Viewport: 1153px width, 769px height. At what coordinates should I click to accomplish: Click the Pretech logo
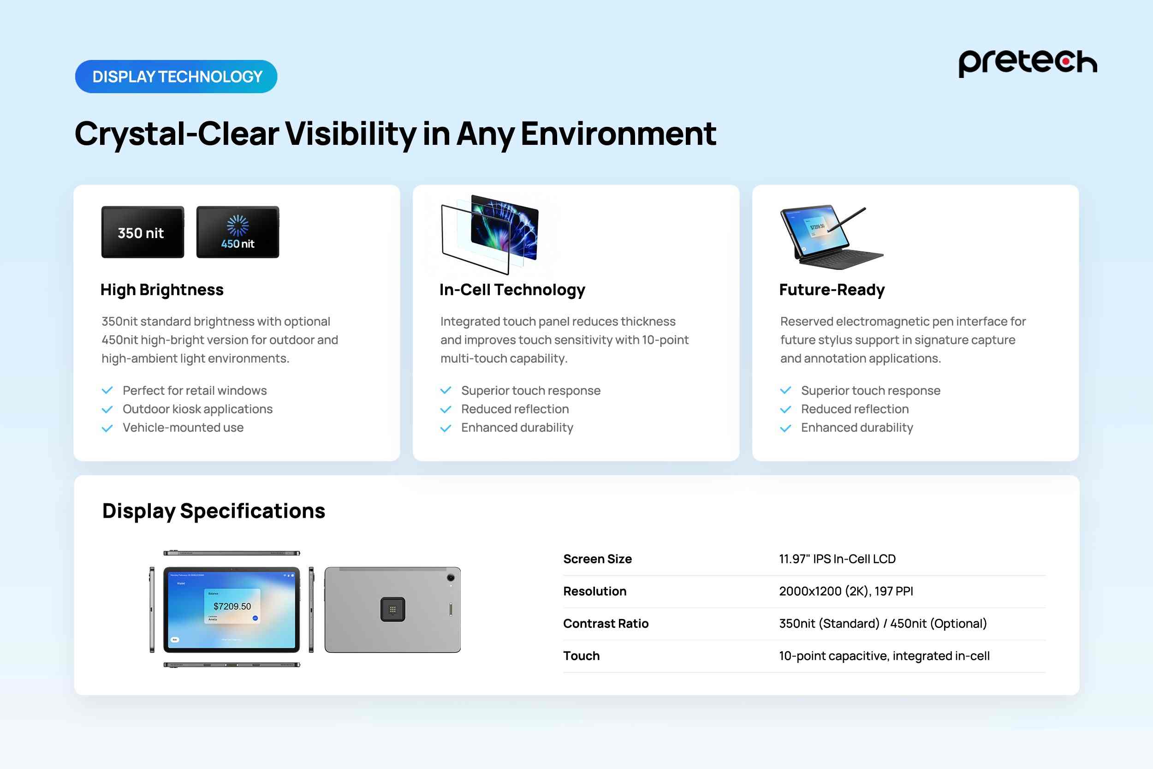pyautogui.click(x=1028, y=63)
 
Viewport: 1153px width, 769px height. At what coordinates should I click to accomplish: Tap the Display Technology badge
pyautogui.click(x=176, y=77)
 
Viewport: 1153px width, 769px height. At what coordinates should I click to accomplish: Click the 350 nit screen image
pyautogui.click(x=143, y=232)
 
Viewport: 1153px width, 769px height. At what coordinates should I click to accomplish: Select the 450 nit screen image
pyautogui.click(x=238, y=232)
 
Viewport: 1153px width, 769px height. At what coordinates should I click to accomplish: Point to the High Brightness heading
pyautogui.click(x=162, y=290)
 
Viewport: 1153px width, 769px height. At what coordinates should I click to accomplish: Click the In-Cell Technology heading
pyautogui.click(x=512, y=290)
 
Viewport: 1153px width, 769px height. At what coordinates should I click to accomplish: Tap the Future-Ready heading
pyautogui.click(x=832, y=290)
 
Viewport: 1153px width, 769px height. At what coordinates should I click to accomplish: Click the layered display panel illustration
pyautogui.click(x=490, y=234)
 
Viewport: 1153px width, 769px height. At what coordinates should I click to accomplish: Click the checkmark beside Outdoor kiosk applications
pyautogui.click(x=107, y=410)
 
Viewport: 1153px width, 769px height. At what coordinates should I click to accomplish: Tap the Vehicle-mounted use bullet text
pyautogui.click(x=183, y=428)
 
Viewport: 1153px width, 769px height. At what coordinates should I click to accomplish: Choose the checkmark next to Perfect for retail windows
pyautogui.click(x=107, y=391)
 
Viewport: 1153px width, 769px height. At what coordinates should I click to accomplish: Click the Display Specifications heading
pyautogui.click(x=214, y=511)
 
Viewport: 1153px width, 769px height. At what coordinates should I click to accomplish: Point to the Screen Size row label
pyautogui.click(x=597, y=559)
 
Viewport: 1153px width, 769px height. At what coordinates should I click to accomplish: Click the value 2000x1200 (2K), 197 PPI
pyautogui.click(x=846, y=591)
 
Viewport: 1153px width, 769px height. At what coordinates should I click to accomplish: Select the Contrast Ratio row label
pyautogui.click(x=606, y=624)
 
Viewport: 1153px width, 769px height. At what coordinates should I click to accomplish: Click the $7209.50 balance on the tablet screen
pyautogui.click(x=232, y=607)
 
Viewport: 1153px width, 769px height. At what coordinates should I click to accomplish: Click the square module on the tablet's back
pyautogui.click(x=392, y=609)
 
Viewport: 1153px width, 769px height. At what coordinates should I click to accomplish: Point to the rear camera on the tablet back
pyautogui.click(x=451, y=578)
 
